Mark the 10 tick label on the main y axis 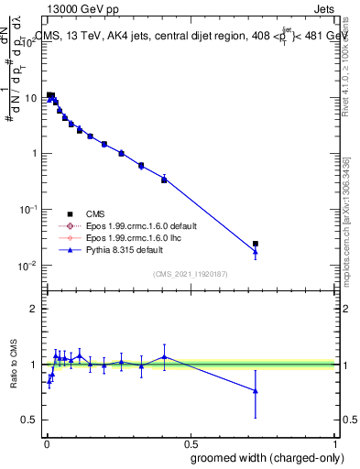point(30,96)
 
